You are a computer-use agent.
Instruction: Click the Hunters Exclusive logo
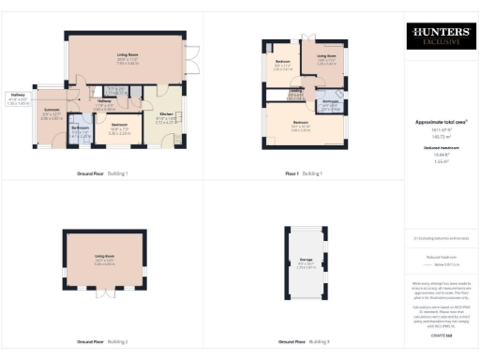[440, 37]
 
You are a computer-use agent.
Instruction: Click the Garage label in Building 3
[306, 260]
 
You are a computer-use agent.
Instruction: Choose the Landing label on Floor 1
[293, 91]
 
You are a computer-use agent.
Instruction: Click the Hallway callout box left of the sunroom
[19, 96]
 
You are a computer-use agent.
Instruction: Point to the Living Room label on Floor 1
[326, 56]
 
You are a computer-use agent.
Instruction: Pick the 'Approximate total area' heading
[440, 122]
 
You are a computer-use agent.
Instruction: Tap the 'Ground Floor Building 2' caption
[102, 341]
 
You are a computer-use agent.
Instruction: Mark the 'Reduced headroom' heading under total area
[440, 146]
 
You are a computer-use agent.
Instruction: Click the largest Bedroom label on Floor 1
[300, 123]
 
